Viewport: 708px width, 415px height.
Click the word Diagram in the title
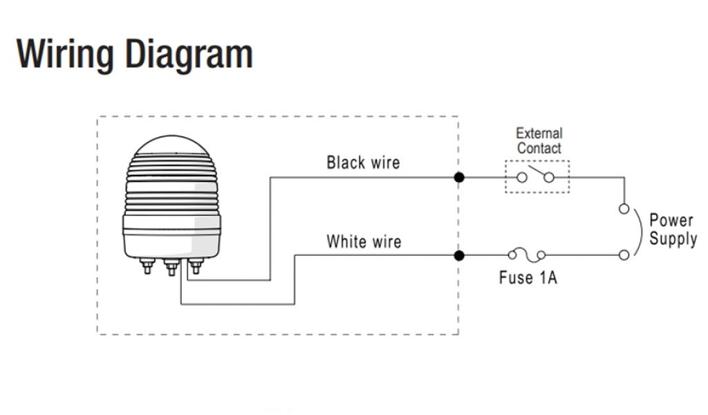click(x=188, y=54)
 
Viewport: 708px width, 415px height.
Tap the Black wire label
click(x=363, y=163)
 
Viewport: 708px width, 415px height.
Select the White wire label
click(x=364, y=242)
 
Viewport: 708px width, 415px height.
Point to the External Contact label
click(x=539, y=140)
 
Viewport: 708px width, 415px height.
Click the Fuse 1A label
click(x=528, y=278)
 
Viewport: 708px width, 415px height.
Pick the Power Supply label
click(x=671, y=230)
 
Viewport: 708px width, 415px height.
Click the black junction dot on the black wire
click(x=459, y=178)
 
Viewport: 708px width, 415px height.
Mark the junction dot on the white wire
click(x=459, y=255)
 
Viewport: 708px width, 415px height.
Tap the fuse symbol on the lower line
click(x=527, y=255)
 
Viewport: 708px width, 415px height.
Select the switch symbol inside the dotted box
click(x=537, y=176)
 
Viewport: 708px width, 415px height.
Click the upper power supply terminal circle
click(x=624, y=208)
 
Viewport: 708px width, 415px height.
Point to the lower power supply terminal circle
click(x=624, y=255)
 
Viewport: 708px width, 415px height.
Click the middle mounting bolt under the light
click(x=171, y=267)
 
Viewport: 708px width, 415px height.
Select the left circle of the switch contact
click(x=523, y=178)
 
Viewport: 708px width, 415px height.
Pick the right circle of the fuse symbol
click(x=541, y=255)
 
